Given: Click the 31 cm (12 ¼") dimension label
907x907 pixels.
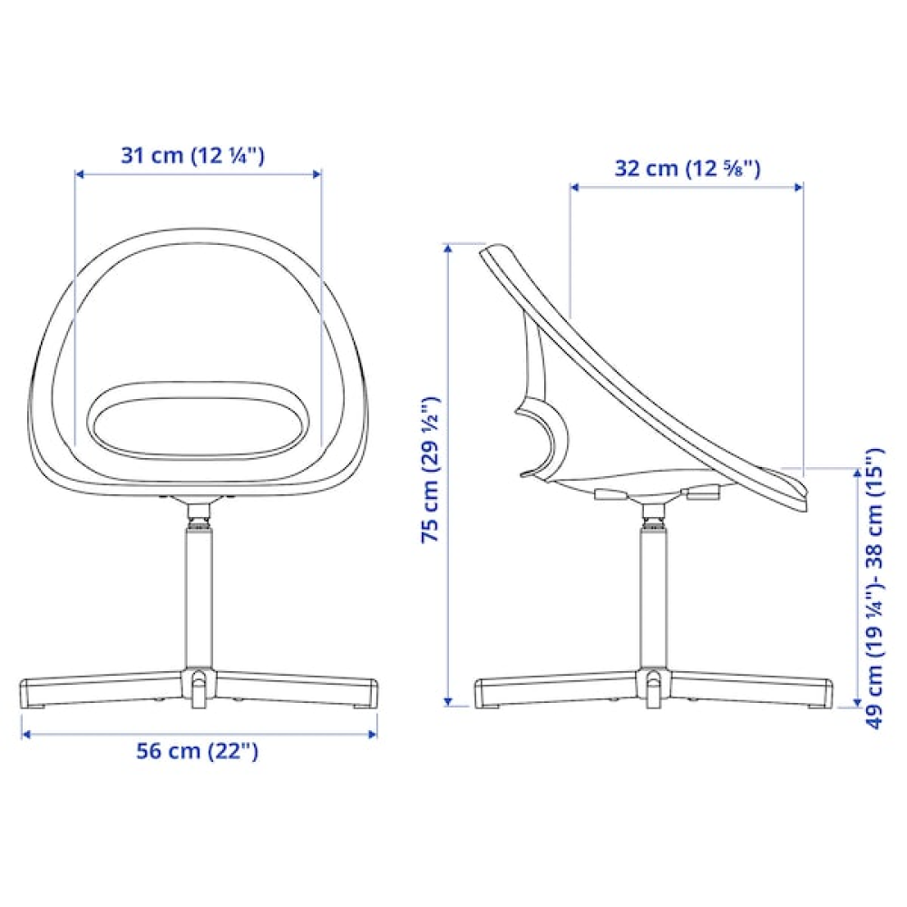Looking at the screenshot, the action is coord(192,156).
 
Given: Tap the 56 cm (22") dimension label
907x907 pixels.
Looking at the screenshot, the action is coord(197,751).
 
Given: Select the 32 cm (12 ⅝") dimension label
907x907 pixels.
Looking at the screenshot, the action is coord(688,169).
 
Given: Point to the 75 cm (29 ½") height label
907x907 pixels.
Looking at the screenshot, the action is coord(430,469).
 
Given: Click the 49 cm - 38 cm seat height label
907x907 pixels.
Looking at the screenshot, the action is coord(874,588).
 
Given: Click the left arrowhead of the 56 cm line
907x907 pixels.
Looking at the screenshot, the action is coord(26,734).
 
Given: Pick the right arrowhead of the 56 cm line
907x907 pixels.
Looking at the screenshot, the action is coord(373,734).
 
